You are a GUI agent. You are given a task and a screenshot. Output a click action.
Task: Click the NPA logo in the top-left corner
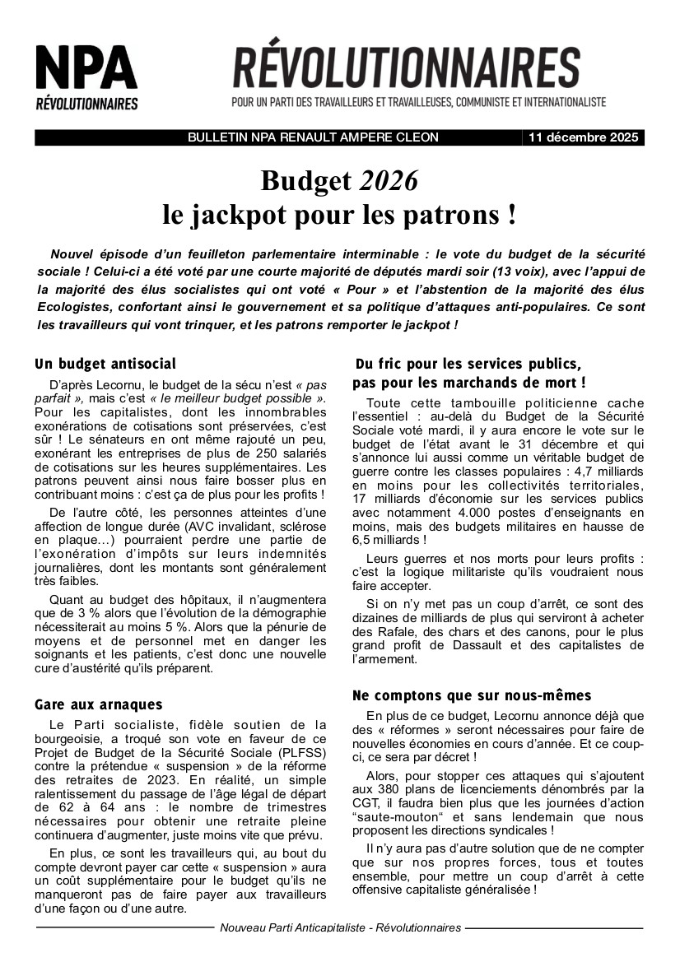[86, 77]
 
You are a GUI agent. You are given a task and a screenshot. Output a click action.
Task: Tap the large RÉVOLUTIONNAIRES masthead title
[406, 68]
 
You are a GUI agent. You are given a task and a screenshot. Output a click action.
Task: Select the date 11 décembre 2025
[584, 138]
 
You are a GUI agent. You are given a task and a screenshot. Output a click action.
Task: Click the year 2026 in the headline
[389, 179]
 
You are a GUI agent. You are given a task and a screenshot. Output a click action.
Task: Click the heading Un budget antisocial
[105, 364]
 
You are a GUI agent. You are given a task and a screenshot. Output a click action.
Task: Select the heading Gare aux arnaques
[99, 704]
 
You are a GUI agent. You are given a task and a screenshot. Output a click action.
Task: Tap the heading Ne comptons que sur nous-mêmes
[472, 695]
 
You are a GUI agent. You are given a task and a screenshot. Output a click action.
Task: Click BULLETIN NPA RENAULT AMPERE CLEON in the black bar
[314, 138]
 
